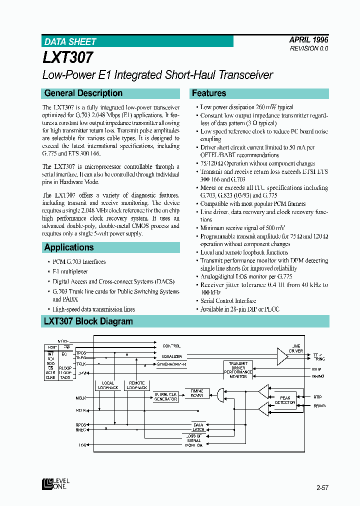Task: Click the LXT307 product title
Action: pos(68,57)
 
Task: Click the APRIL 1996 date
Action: pos(308,39)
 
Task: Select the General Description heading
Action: pos(83,93)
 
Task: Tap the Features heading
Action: pos(209,93)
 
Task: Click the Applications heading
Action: pos(69,247)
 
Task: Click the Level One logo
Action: pos(56,483)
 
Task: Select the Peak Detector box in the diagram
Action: pos(285,399)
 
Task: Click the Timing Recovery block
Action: pos(197,392)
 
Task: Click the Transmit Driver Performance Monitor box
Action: pos(238,370)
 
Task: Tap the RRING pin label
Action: pos(318,405)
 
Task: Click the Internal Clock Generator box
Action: pos(165,396)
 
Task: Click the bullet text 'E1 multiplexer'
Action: pos(70,271)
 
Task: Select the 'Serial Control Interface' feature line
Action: pos(228,300)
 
